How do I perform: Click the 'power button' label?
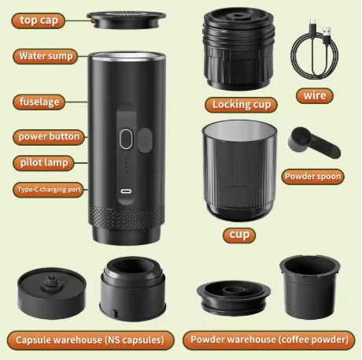[49, 136]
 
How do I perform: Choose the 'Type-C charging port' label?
[49, 190]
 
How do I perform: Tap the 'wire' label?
[317, 96]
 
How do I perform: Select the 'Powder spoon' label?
[312, 176]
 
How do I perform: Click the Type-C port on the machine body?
[125, 191]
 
